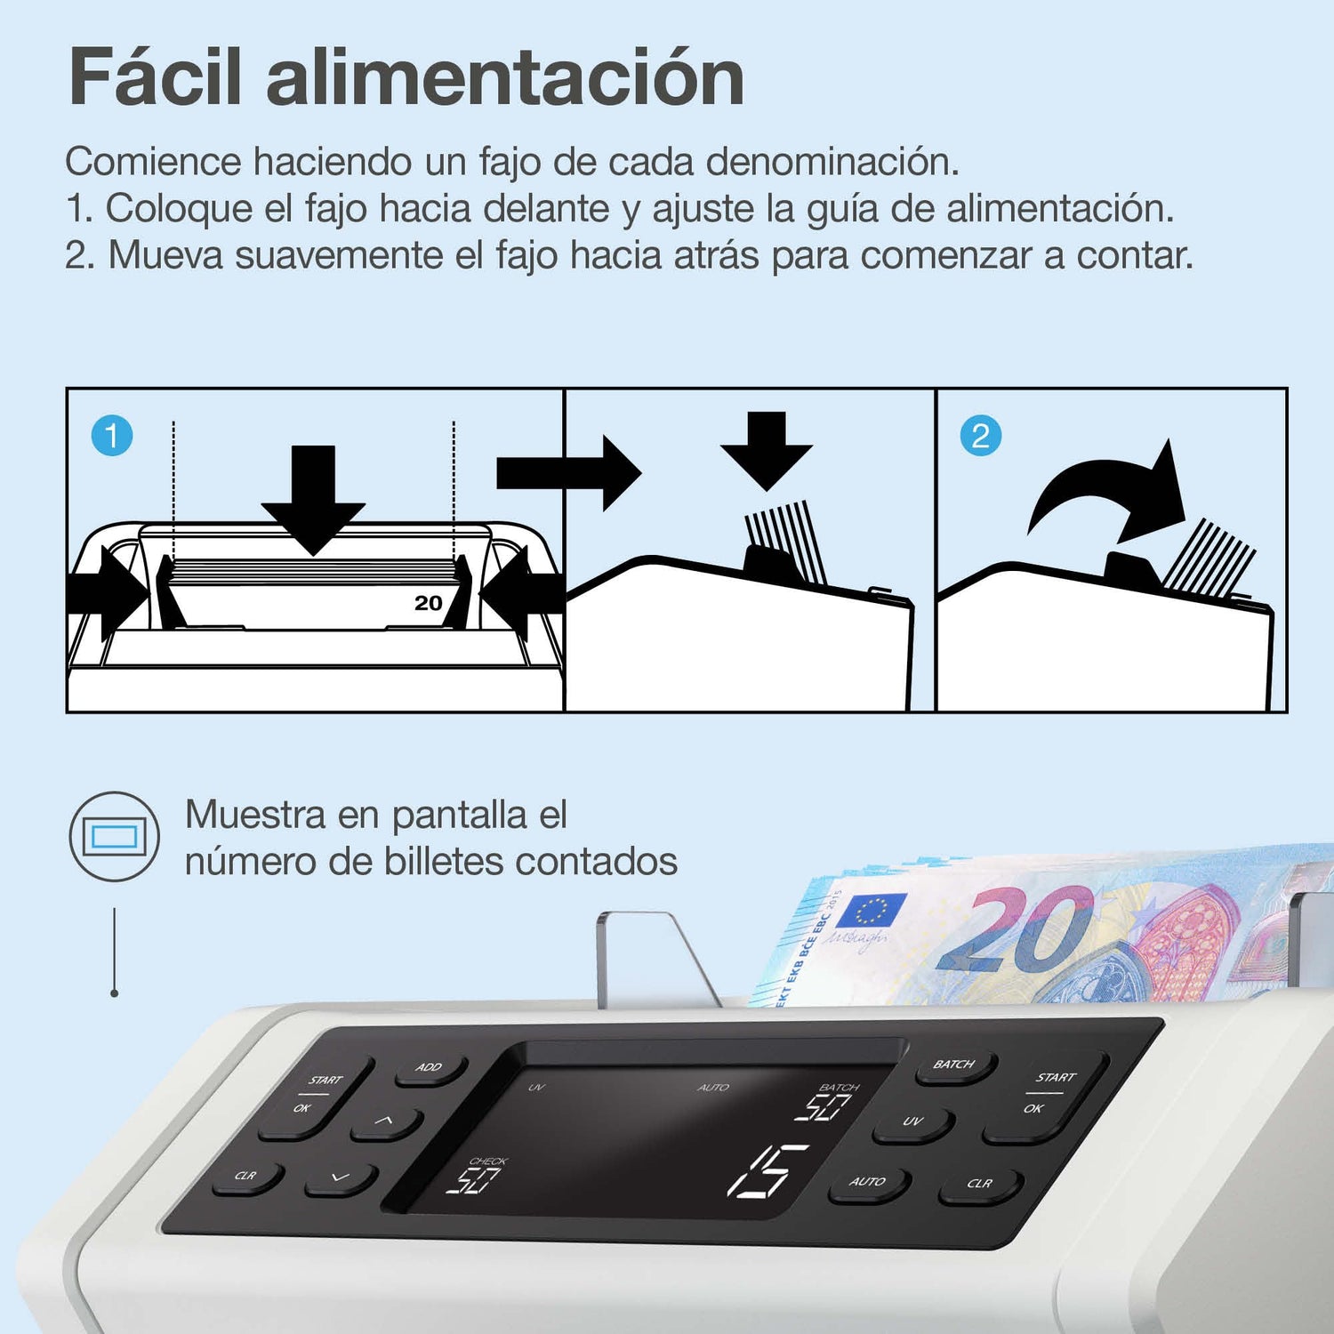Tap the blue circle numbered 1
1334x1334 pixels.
coord(112,436)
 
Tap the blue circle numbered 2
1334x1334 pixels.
coord(981,436)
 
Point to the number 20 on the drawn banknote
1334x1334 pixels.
coord(429,603)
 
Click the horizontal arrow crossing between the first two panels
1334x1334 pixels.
coord(569,472)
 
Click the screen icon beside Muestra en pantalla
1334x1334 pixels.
coord(115,837)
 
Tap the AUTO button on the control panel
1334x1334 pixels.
coord(869,1184)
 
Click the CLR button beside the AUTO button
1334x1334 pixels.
coord(980,1185)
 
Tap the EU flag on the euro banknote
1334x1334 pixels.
coord(870,911)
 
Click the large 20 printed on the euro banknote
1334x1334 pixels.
coord(1014,929)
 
